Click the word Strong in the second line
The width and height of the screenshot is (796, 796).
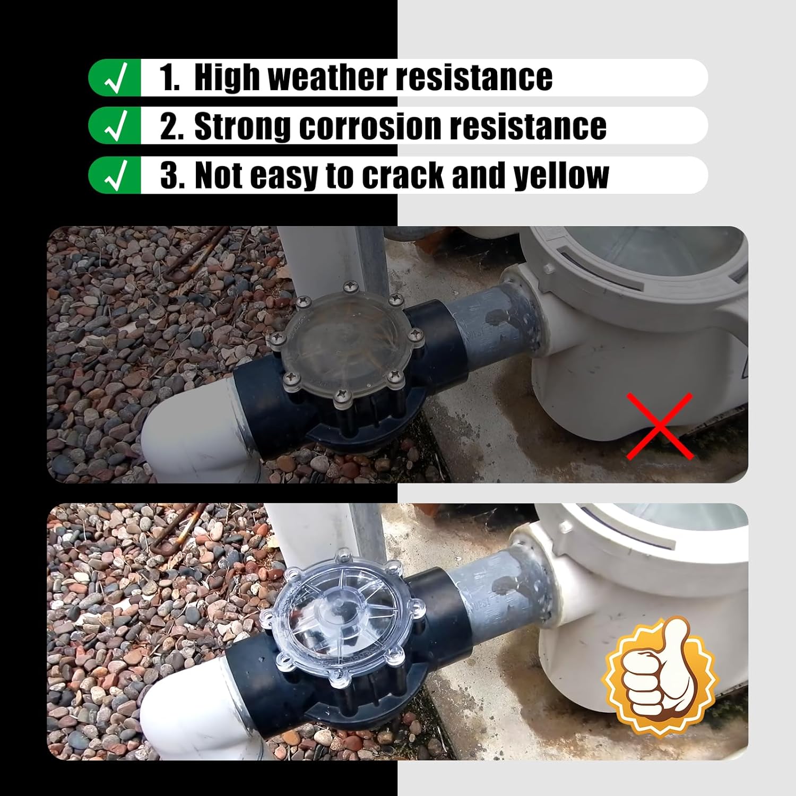tap(243, 126)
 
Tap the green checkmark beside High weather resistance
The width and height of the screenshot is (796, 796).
tap(115, 77)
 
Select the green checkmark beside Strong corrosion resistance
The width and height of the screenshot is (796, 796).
tap(115, 126)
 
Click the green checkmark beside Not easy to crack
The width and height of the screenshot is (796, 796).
tap(115, 176)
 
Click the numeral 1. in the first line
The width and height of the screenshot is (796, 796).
tap(169, 77)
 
